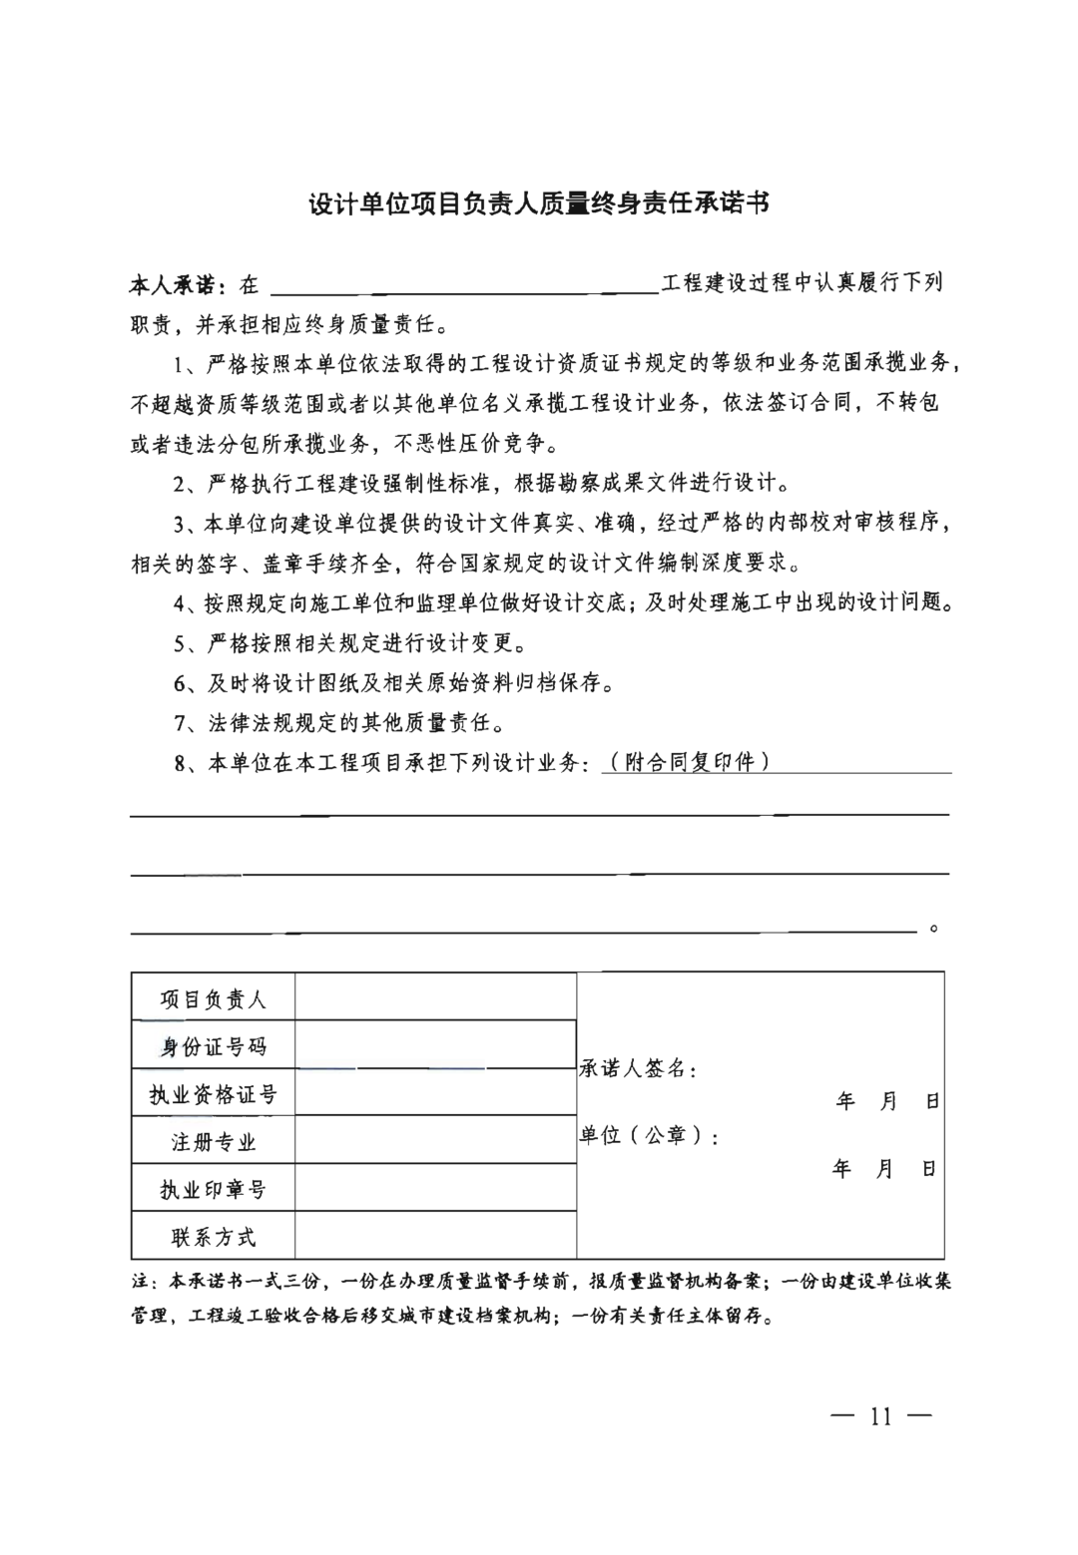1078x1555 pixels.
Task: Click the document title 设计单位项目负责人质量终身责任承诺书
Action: coord(538,204)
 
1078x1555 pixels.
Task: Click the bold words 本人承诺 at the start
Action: coord(176,285)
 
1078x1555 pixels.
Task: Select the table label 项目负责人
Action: coord(213,998)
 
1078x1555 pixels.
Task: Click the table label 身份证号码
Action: coord(213,1046)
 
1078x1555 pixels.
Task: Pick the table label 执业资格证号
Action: coord(213,1094)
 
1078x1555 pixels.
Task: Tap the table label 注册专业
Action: coord(213,1142)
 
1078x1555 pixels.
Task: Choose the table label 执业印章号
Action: coord(213,1189)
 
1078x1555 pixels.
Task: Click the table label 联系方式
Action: coord(213,1237)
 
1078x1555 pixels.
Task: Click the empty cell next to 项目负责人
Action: coord(435,997)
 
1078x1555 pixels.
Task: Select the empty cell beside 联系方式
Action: coord(435,1236)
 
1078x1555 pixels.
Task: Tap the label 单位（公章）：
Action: coord(650,1135)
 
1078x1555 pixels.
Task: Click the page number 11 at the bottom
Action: coord(880,1417)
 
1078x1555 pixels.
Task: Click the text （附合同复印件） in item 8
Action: coord(689,762)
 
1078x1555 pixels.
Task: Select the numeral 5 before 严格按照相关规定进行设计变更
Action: coord(180,643)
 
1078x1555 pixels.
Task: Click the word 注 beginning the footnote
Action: coord(139,1281)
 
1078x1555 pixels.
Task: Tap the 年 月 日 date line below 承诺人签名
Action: coord(887,1101)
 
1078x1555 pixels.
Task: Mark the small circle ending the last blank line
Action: coord(934,929)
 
